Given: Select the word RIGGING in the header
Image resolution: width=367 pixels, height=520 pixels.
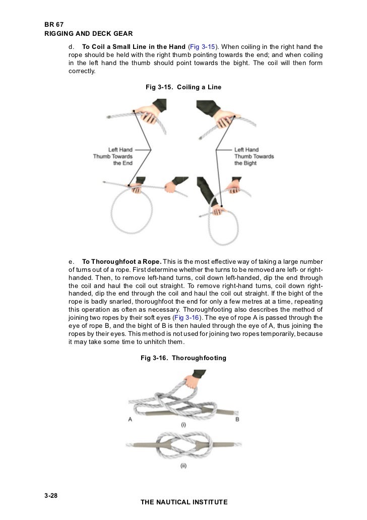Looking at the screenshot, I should (58, 34).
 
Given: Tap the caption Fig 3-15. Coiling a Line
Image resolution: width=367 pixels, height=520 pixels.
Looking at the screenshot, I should (183, 87).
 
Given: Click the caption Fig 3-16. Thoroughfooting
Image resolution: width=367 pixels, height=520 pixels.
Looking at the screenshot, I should (183, 358).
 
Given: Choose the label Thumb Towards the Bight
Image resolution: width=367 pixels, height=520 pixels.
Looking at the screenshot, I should (254, 156).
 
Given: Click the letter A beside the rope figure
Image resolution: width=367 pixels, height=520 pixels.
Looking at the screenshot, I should (131, 419).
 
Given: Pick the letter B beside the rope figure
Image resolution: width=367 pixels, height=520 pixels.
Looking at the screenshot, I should (237, 419).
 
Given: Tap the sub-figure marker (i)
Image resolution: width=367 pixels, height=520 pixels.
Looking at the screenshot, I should (183, 425).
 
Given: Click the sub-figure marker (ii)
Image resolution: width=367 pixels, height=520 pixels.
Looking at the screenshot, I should (183, 466).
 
